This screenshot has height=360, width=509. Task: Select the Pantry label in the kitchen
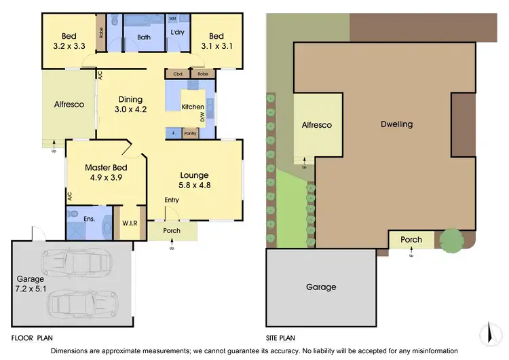tap(190, 134)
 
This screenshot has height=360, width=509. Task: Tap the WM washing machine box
tap(172, 18)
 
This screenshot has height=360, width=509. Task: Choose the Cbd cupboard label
tap(178, 73)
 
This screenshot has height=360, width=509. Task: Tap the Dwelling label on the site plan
tap(396, 124)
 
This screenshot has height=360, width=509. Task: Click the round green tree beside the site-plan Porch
tap(451, 240)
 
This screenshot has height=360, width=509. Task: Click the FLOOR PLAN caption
tap(32, 337)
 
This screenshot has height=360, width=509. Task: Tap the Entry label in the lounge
tap(172, 200)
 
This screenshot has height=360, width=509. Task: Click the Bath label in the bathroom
tap(143, 37)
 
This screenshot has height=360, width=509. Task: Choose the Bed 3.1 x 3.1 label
tap(216, 41)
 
